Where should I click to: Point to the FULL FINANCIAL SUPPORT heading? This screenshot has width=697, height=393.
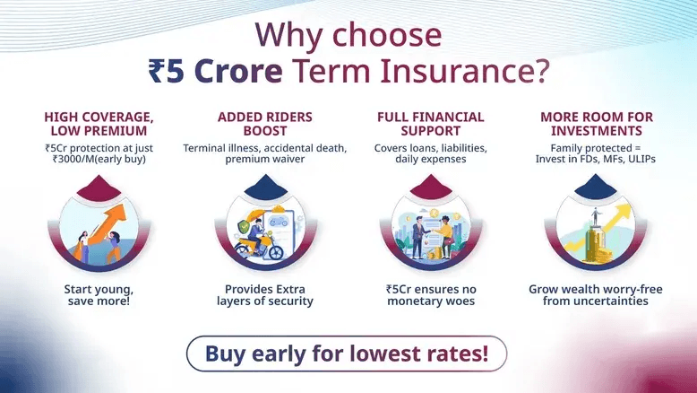(430, 124)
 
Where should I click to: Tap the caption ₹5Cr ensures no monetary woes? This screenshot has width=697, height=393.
(430, 296)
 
